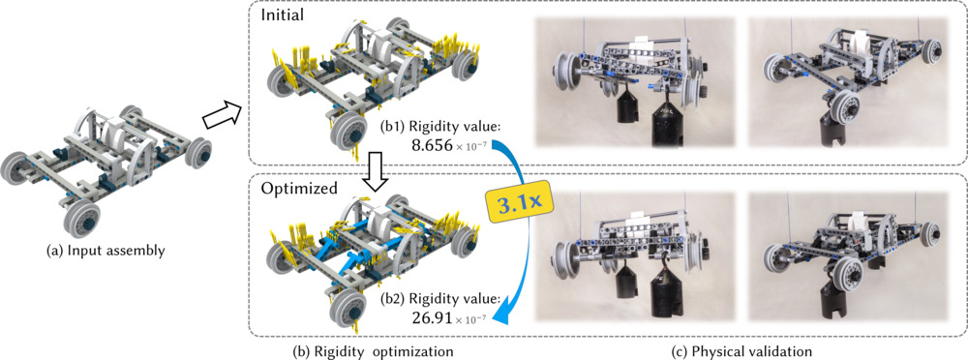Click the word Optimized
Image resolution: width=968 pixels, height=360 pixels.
point(297,187)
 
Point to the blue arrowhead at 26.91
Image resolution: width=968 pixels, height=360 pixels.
point(503,307)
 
